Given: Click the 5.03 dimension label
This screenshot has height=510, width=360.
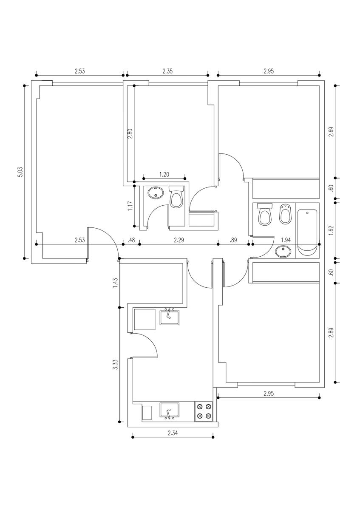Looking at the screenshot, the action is (x=21, y=172).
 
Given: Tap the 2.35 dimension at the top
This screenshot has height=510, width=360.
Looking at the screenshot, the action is (x=167, y=71).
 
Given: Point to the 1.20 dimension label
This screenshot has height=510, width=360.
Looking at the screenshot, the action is (x=164, y=175).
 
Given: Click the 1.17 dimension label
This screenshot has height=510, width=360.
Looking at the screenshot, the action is (x=130, y=206).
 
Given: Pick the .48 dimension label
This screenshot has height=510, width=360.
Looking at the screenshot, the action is (x=131, y=240).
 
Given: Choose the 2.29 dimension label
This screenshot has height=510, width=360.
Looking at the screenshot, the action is (x=179, y=240).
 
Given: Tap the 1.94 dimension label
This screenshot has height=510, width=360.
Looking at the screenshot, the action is (x=286, y=240).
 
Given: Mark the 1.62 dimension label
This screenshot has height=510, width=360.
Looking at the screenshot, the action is (x=331, y=230).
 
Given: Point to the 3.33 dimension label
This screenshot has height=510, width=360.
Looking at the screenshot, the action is (x=116, y=365).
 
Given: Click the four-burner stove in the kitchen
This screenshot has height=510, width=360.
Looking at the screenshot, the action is (x=204, y=411).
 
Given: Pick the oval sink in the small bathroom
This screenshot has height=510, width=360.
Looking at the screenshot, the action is (x=156, y=193).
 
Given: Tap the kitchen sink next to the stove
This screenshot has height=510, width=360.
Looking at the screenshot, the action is (x=170, y=411).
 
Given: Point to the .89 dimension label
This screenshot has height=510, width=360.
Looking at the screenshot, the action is (x=233, y=240).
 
